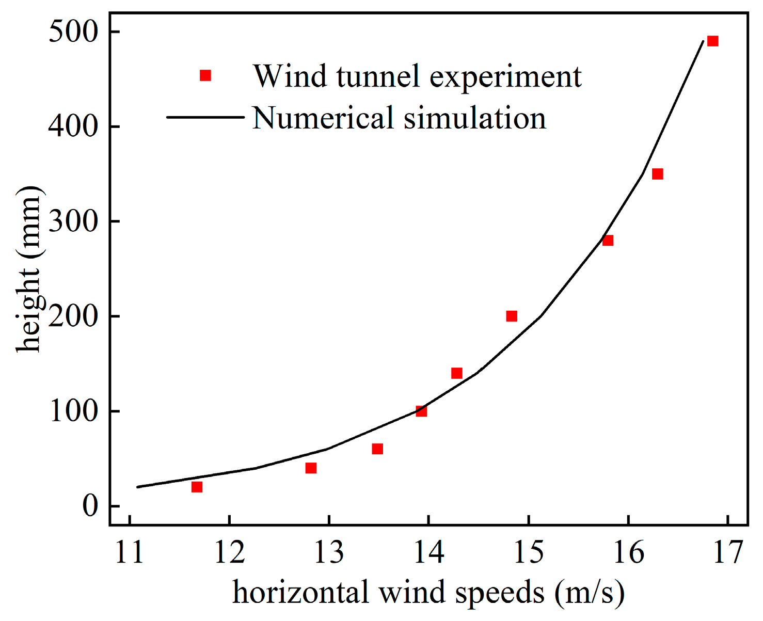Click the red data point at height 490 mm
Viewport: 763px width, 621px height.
click(x=712, y=41)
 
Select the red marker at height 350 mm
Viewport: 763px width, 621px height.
click(x=657, y=174)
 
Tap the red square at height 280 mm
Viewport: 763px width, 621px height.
click(x=608, y=241)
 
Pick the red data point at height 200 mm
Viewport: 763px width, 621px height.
click(x=512, y=316)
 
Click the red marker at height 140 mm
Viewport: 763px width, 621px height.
click(x=456, y=373)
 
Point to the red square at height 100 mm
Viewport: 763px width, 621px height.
click(x=421, y=411)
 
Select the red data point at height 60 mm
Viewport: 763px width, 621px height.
click(x=377, y=449)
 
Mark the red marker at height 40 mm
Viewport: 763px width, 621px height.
click(x=311, y=468)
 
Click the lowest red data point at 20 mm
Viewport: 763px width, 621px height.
click(x=197, y=487)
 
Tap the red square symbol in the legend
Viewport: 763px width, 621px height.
click(x=205, y=76)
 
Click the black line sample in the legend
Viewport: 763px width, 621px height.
click(x=205, y=117)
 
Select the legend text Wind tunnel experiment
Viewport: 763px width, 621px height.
click(x=417, y=76)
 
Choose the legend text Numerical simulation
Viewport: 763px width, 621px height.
click(x=399, y=118)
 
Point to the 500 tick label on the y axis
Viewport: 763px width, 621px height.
click(x=73, y=32)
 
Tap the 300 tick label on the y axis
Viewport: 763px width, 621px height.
click(x=73, y=221)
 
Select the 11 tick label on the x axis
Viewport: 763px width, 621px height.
click(x=130, y=552)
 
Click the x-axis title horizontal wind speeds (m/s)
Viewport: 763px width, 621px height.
click(x=428, y=593)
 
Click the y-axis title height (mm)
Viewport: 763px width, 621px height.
click(x=28, y=268)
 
